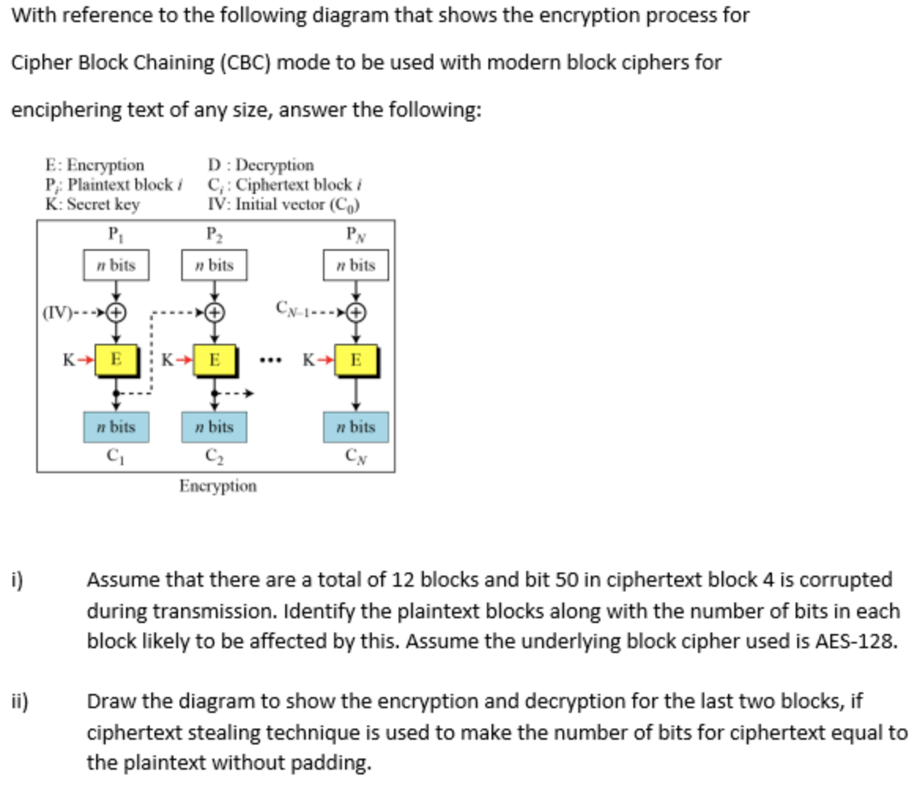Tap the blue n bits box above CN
(x=356, y=427)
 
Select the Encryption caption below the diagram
(x=217, y=486)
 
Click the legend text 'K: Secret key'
(x=92, y=204)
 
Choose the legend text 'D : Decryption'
(x=261, y=165)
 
